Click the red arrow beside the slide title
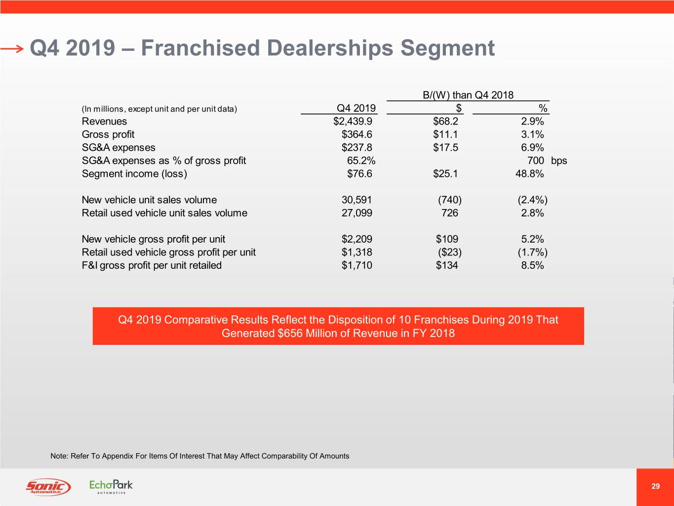(x=12, y=48)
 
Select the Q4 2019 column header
(x=356, y=108)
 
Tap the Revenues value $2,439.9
(x=353, y=122)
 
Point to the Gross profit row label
(x=108, y=134)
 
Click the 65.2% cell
(x=361, y=161)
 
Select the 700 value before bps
(x=535, y=161)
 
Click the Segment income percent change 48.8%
(x=529, y=174)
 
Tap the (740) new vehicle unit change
(x=449, y=200)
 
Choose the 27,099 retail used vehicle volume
(x=357, y=213)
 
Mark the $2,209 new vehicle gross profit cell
(x=357, y=239)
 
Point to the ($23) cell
(x=449, y=253)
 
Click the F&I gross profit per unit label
(x=152, y=265)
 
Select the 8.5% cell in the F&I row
(x=532, y=265)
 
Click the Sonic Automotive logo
(x=48, y=487)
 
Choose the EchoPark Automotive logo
(x=111, y=486)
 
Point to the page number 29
(x=655, y=486)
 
